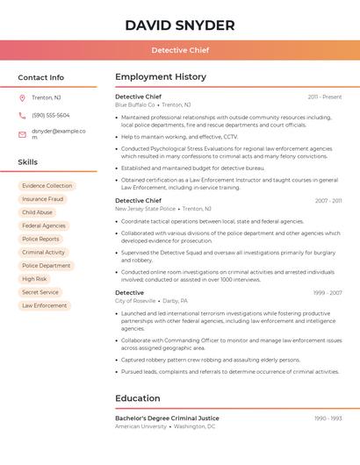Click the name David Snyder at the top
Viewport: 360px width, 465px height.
(179, 25)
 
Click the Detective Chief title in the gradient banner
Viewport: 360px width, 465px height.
(179, 50)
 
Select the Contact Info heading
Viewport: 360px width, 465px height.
(41, 77)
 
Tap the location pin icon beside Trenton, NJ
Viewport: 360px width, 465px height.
(22, 97)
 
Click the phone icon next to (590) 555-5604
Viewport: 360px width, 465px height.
(22, 115)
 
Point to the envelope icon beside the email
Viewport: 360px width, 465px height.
(22, 134)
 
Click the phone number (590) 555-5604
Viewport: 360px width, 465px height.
(50, 115)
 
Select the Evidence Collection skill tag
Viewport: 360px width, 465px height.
(47, 186)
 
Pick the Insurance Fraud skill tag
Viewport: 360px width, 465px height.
(42, 199)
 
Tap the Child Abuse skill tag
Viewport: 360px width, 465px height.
(37, 212)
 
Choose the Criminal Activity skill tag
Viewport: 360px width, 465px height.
(43, 252)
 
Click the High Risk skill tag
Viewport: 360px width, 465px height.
(34, 279)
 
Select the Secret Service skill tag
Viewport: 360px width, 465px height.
(40, 292)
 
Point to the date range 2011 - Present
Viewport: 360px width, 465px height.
(324, 97)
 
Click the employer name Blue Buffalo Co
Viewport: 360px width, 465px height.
(134, 104)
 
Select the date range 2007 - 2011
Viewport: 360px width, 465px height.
(328, 201)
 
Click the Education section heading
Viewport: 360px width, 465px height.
(137, 398)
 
